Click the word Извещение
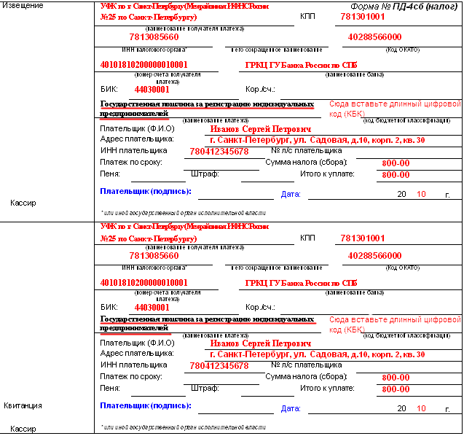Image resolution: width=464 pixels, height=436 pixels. (x=23, y=6)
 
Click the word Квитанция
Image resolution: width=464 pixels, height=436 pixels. (x=22, y=405)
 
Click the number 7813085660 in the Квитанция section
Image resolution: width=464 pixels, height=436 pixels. (x=153, y=256)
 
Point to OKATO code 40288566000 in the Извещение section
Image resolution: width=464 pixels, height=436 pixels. (x=374, y=36)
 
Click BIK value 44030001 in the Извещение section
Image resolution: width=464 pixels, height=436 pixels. (x=152, y=90)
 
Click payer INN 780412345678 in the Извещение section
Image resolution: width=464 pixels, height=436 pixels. (x=219, y=152)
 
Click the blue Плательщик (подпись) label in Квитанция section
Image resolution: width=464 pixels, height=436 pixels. (x=146, y=405)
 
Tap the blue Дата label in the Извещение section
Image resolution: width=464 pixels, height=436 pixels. (x=291, y=195)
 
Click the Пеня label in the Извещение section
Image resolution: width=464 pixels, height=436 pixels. (x=110, y=174)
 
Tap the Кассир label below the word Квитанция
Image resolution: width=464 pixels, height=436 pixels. (x=23, y=429)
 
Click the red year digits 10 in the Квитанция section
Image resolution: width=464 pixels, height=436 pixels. (x=421, y=408)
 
